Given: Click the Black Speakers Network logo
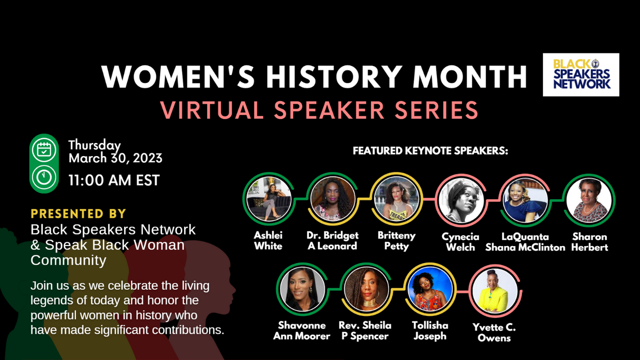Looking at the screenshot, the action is (581, 75).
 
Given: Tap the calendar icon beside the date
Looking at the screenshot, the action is (44, 150).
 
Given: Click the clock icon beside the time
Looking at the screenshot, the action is (44, 177).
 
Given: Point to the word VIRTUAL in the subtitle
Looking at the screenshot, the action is (212, 110).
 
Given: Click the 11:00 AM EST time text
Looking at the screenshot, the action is (114, 180).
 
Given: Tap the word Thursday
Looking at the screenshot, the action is (95, 145).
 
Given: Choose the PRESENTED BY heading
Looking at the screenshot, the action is (78, 214).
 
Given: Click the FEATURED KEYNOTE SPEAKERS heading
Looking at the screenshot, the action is (430, 150).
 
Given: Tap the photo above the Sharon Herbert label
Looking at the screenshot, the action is (589, 201).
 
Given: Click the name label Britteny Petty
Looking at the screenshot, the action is (396, 241).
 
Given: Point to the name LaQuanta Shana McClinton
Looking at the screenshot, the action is (525, 242).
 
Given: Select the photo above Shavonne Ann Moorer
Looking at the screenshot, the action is (303, 289).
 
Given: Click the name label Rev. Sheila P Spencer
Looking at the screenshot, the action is (365, 331).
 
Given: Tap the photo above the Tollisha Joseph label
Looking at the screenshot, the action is (430, 289).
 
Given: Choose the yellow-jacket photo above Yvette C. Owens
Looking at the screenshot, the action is (495, 291).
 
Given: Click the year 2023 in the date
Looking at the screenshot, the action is (148, 158).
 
